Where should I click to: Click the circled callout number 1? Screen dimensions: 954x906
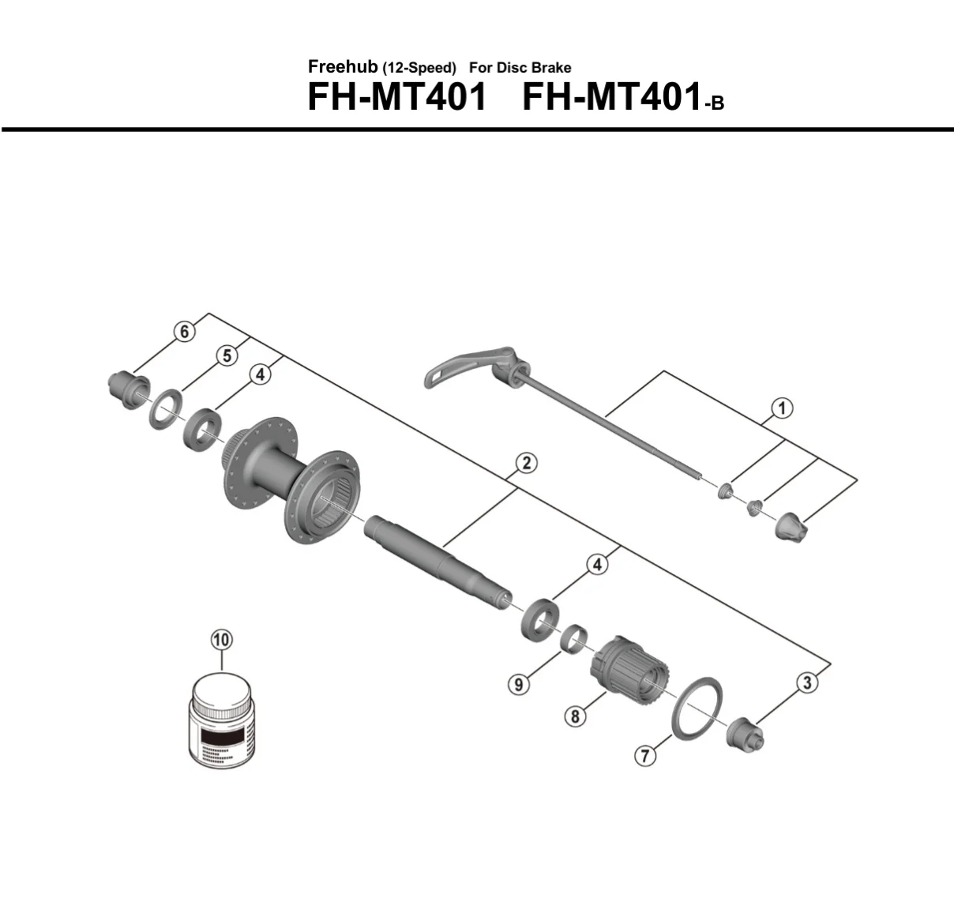tap(782, 408)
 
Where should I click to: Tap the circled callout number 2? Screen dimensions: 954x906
tap(527, 463)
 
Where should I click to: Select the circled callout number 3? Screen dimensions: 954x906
tap(807, 683)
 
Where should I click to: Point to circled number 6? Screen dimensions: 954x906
tap(184, 332)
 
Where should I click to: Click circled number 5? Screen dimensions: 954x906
tap(227, 356)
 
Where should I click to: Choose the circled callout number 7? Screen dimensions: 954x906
tap(645, 756)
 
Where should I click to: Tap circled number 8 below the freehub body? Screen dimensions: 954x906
tap(576, 716)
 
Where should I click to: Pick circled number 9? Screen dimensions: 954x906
tap(519, 685)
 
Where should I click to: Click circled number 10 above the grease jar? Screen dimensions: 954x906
tap(221, 640)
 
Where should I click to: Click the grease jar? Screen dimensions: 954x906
tap(221, 722)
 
